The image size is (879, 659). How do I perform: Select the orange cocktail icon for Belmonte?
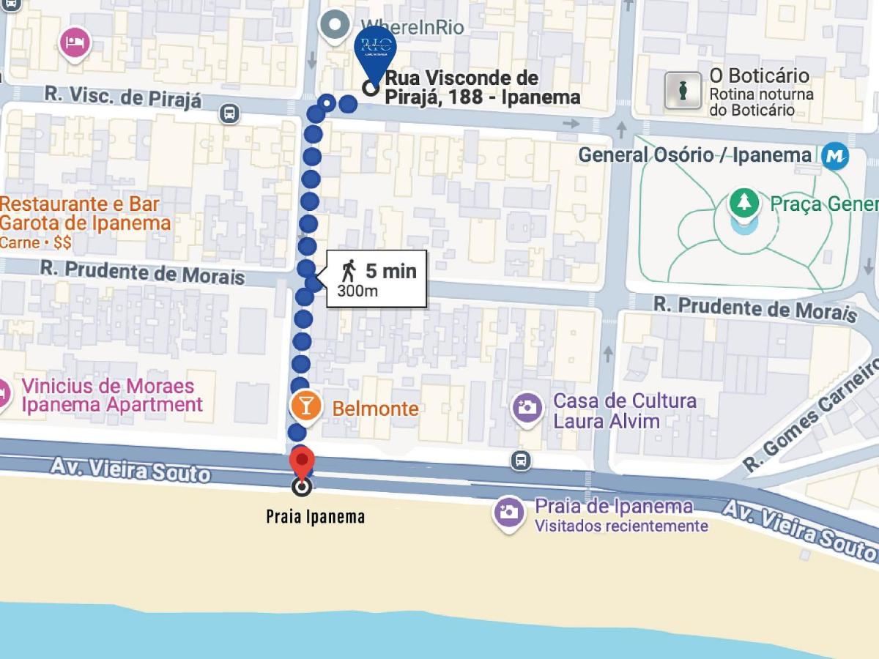click(307, 408)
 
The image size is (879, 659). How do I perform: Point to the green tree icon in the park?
click(744, 202)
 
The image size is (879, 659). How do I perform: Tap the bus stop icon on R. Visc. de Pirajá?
click(229, 113)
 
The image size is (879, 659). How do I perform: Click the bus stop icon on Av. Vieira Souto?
click(521, 460)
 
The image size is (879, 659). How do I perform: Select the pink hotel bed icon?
click(74, 43)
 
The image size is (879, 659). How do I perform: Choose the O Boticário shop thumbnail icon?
click(683, 92)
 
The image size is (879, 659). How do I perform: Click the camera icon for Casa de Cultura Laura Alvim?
click(527, 407)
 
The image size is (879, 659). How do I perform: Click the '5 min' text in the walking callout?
click(390, 271)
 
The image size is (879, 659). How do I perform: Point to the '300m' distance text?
click(357, 291)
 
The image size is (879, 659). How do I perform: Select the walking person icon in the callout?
click(348, 271)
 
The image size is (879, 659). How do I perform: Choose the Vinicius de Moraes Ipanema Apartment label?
click(111, 395)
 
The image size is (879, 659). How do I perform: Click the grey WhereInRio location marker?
click(336, 25)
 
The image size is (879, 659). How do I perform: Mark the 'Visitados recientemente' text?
click(621, 526)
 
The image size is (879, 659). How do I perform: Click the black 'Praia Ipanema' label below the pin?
click(315, 517)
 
